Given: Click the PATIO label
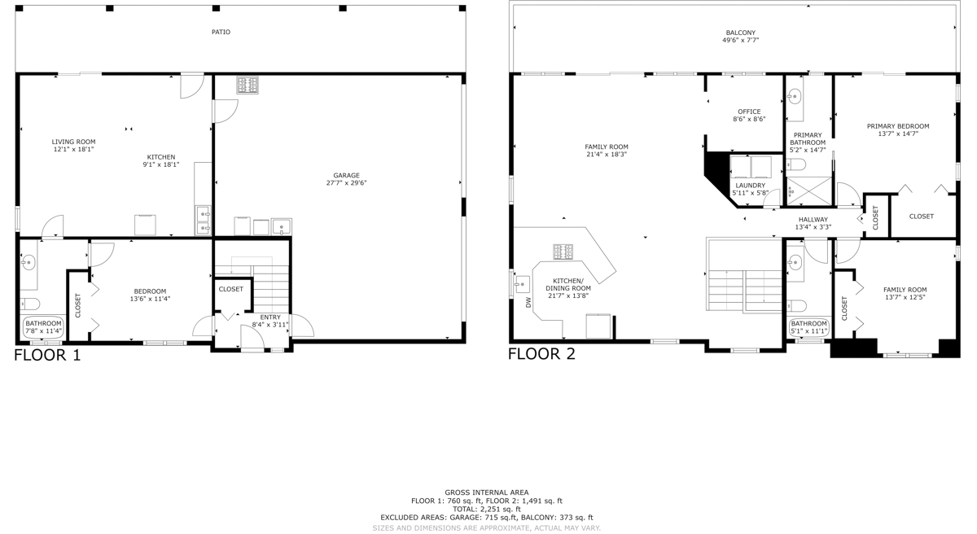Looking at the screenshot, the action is (221, 32).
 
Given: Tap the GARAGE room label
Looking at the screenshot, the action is (346, 175).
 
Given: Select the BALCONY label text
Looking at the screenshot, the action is (741, 33).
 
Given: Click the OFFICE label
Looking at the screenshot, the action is (749, 112).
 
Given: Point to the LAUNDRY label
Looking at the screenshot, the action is (750, 186).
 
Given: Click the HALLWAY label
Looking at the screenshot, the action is (813, 220).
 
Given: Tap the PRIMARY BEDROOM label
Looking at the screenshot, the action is (898, 126).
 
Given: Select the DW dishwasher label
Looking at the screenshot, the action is (528, 302).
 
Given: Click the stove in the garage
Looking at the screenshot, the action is (248, 85).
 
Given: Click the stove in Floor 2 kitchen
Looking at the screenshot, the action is (563, 252).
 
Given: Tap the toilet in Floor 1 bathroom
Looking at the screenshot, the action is (30, 304).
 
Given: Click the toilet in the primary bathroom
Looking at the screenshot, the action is (796, 164).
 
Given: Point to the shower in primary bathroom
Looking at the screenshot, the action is (809, 190).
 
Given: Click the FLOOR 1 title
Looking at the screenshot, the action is (47, 355).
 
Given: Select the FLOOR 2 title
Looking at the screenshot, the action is (541, 353).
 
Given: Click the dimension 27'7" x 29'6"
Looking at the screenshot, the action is (346, 183).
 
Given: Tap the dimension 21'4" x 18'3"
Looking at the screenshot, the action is (607, 155).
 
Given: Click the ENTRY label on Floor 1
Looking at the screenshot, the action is (270, 317).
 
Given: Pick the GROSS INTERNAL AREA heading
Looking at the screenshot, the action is (487, 492).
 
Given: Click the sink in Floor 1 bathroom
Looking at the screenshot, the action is (28, 262).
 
